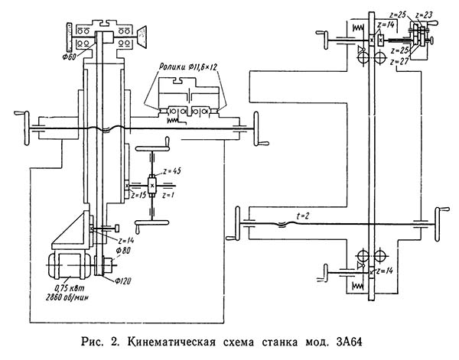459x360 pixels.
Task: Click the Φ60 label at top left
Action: click(76, 56)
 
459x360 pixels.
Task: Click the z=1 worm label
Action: click(168, 196)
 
